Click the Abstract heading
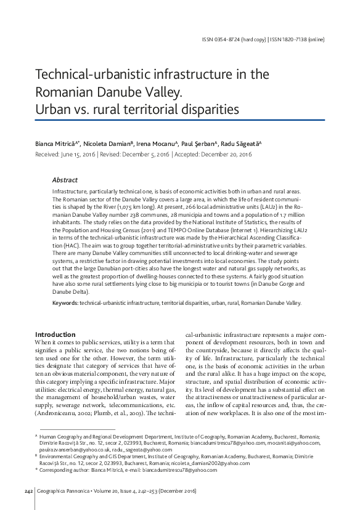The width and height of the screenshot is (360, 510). coord(65,180)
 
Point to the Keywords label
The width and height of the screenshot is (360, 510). coord(65,303)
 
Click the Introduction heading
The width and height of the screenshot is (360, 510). coord(55,334)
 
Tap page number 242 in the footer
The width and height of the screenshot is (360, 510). coord(28,490)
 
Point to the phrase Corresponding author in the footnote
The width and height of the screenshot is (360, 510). coord(67,469)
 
